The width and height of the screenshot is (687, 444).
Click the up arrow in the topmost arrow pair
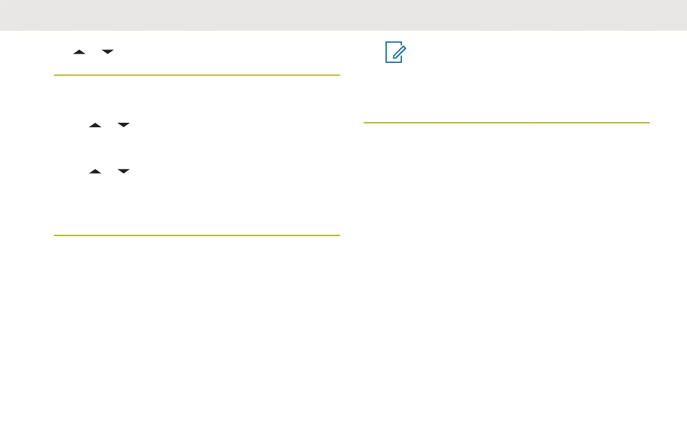pos(80,52)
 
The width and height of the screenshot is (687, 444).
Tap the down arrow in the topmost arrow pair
pos(108,52)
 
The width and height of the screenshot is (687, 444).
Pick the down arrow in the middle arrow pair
pos(123,126)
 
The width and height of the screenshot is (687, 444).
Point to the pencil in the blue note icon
pos(396,52)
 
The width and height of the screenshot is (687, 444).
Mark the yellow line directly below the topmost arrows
pos(197,75)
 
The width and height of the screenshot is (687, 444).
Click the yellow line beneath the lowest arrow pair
pos(197,235)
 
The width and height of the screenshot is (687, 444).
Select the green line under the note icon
pos(506,122)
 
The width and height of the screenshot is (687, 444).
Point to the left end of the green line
pos(365,122)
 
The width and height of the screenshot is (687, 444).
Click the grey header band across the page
pos(343,15)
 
